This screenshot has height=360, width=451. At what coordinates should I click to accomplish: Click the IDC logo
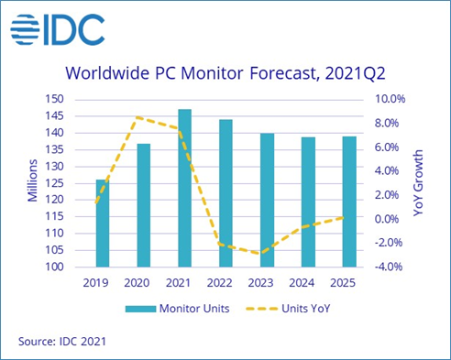coord(58,31)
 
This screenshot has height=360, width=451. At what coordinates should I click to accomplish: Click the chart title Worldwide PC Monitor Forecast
coord(225,73)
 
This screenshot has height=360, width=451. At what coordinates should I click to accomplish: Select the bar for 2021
coord(184,188)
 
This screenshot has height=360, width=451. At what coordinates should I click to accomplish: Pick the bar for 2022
coord(225,193)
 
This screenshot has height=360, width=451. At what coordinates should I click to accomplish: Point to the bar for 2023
coord(267,200)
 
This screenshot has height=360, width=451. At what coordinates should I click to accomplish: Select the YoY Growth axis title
coord(427,181)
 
